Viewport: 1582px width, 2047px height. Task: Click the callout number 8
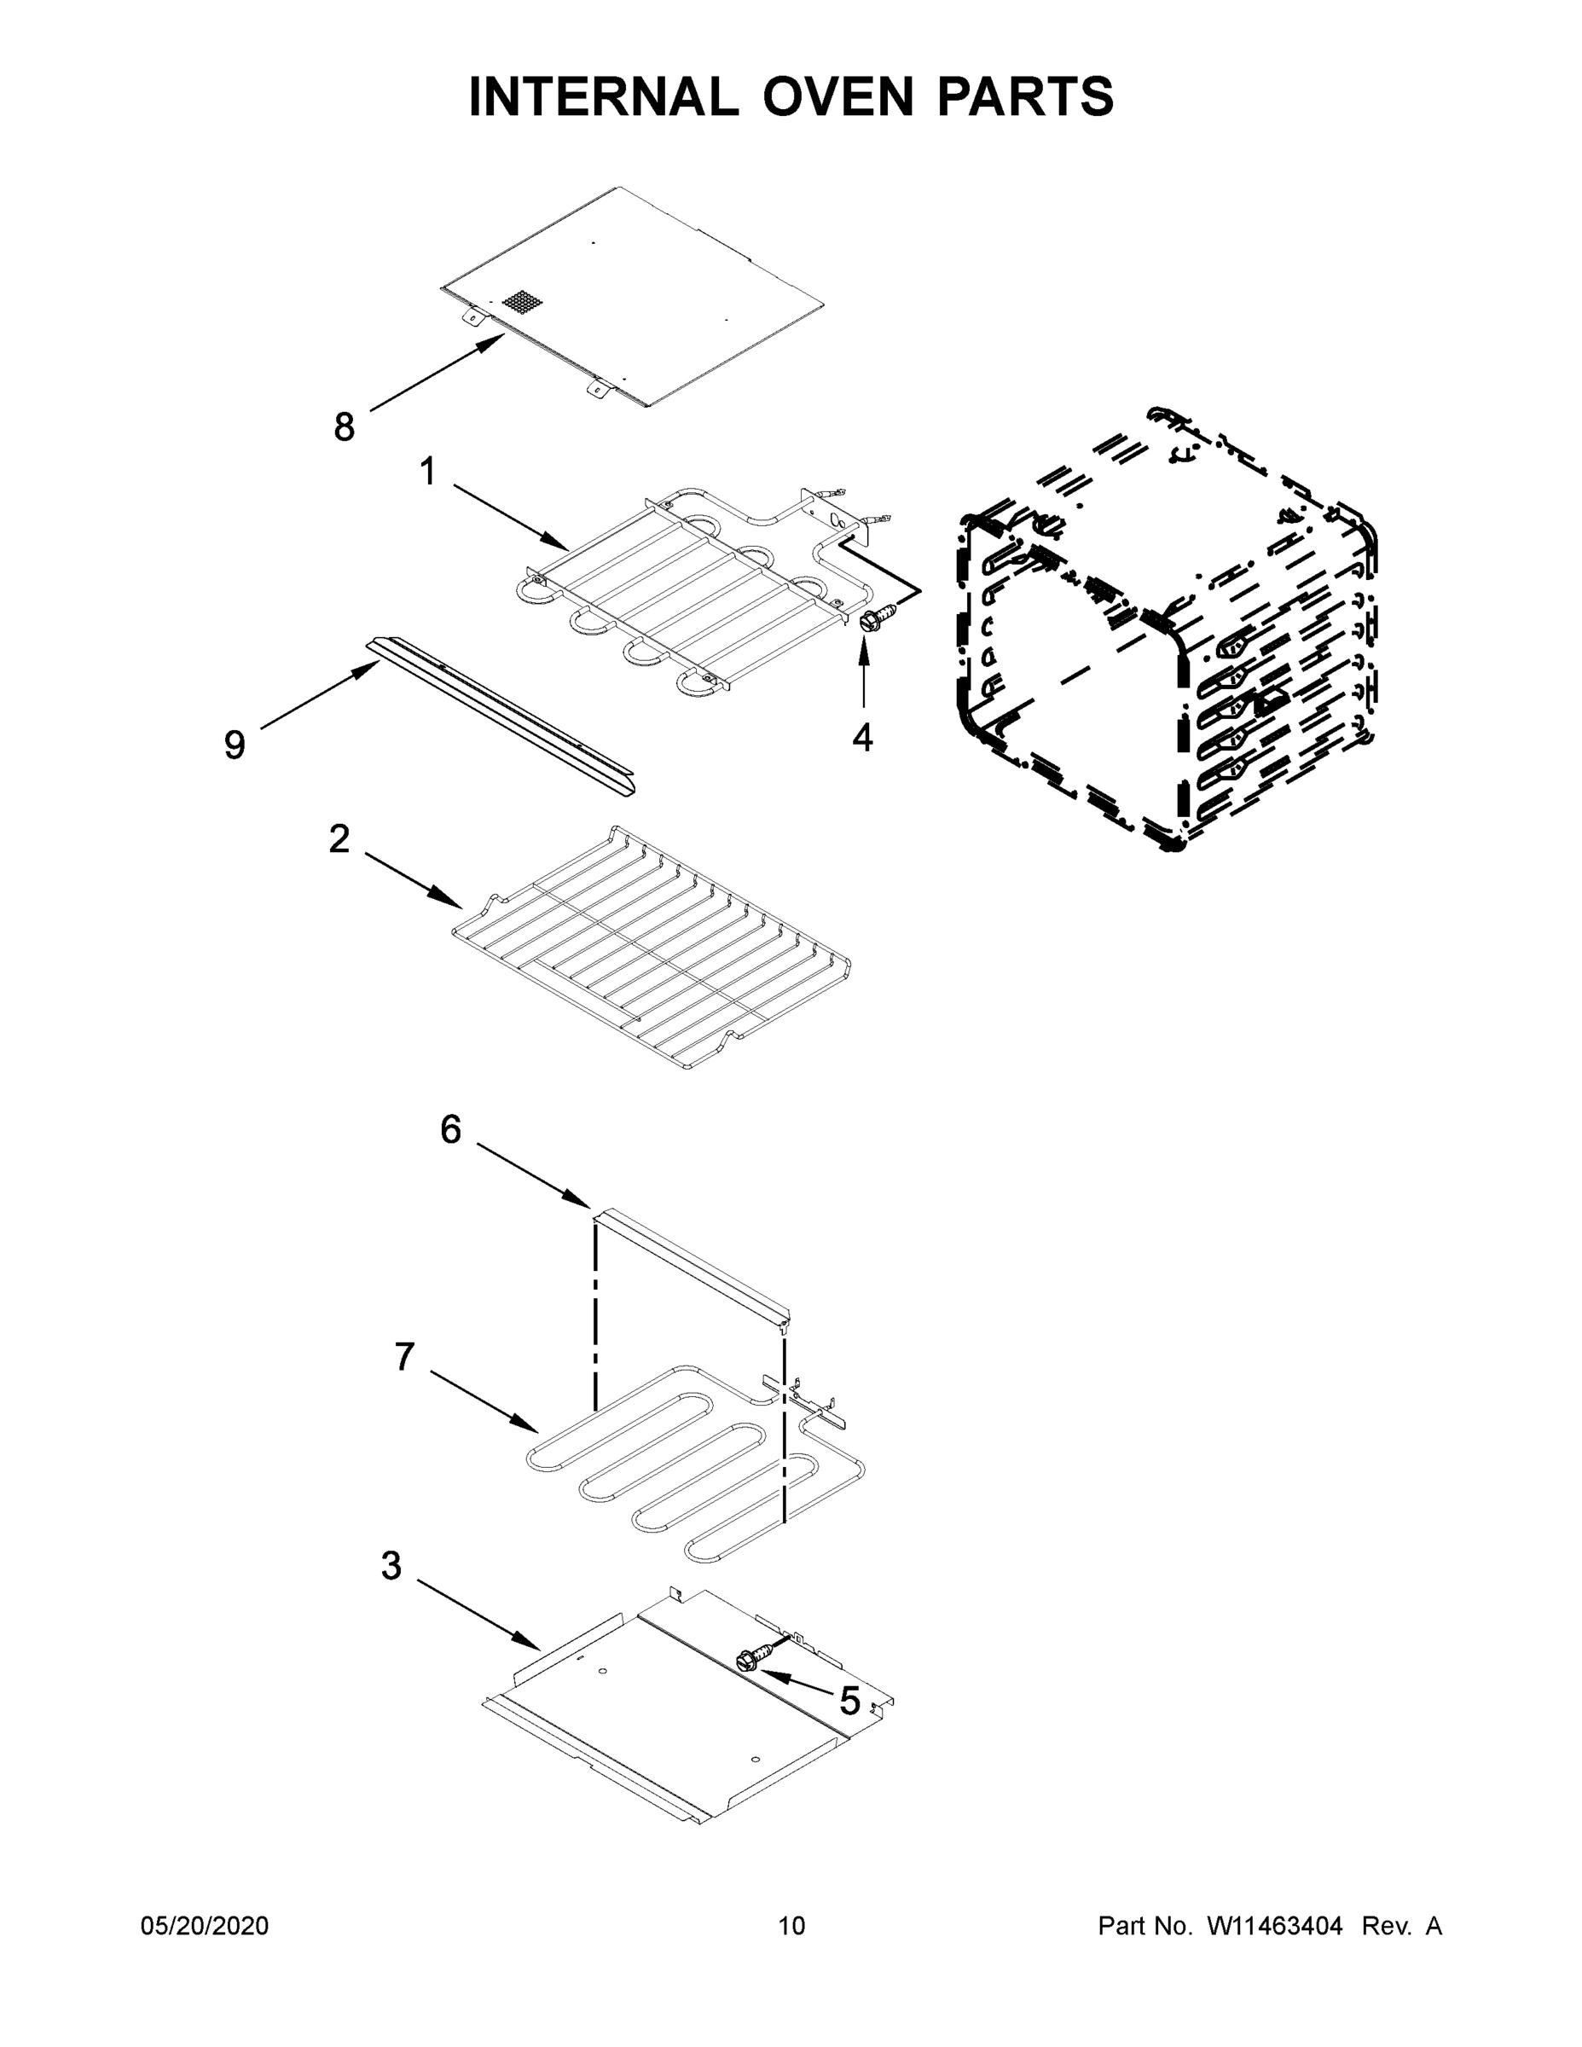pyautogui.click(x=345, y=427)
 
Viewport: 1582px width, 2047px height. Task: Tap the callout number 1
pyautogui.click(x=428, y=472)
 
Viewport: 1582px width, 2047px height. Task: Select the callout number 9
pyautogui.click(x=235, y=745)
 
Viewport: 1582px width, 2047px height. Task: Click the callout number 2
pyautogui.click(x=339, y=839)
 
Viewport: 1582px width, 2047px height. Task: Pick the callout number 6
pyautogui.click(x=451, y=1130)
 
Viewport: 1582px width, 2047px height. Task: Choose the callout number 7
pyautogui.click(x=404, y=1356)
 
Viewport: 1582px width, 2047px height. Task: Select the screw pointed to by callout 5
pyautogui.click(x=750, y=1661)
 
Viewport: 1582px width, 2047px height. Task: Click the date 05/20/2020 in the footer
pyautogui.click(x=205, y=1926)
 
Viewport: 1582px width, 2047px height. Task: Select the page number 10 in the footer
pyautogui.click(x=792, y=1926)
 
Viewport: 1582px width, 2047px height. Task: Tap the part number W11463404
pyautogui.click(x=1275, y=1926)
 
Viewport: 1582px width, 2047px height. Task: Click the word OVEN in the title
pyautogui.click(x=837, y=96)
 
